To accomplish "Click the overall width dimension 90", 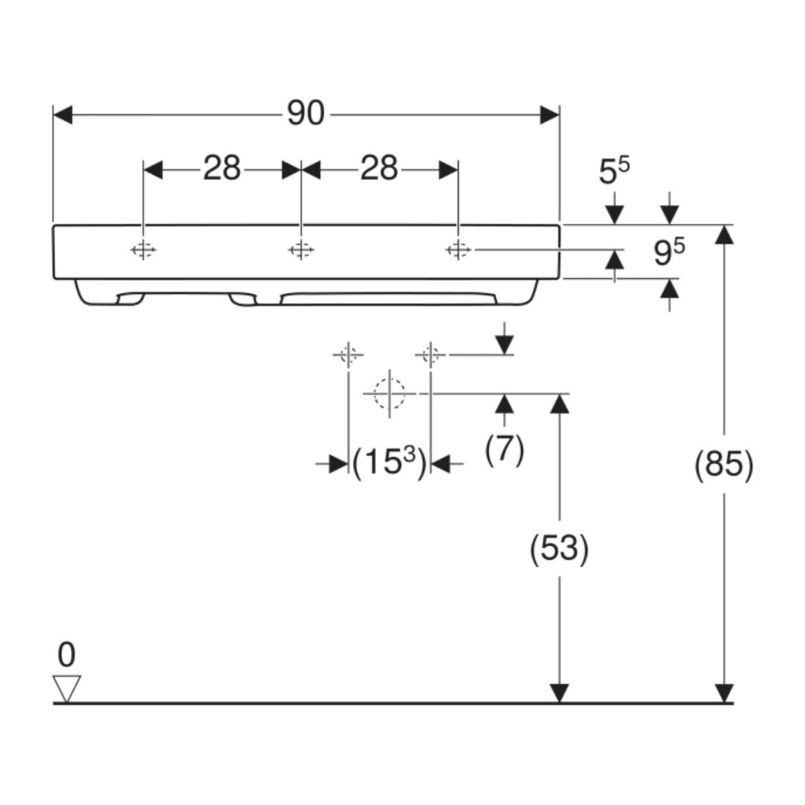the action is tap(306, 113).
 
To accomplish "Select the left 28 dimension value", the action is tap(222, 168).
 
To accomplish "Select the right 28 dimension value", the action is tap(379, 168).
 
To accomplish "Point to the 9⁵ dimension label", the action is tap(669, 252).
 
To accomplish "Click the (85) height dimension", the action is tap(724, 465).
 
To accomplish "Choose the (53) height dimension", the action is tap(559, 548).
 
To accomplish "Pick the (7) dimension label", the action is tap(504, 450).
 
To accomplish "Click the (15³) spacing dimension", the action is tap(389, 462).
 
